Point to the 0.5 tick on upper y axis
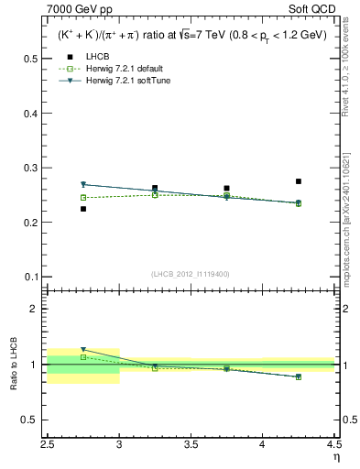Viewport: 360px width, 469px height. [32, 58]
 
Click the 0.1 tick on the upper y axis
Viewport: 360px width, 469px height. [32, 277]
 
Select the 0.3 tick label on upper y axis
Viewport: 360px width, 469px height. [32, 168]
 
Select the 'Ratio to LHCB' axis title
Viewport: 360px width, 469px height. [13, 364]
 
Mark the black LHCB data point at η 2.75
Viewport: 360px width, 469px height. [83, 209]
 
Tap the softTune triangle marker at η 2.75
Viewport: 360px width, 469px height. [83, 184]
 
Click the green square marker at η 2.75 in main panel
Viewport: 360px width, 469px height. [83, 197]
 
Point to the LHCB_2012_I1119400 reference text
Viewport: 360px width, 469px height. [191, 274]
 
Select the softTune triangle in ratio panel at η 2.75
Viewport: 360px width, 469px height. [83, 349]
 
